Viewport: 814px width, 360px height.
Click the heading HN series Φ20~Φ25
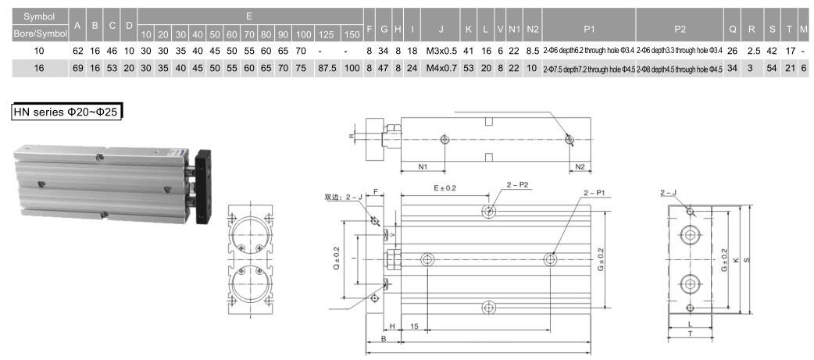click(67, 112)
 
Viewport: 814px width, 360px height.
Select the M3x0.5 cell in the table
click(441, 51)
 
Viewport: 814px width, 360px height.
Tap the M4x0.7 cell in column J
click(441, 69)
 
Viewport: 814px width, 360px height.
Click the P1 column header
click(589, 29)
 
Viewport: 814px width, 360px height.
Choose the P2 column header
click(680, 29)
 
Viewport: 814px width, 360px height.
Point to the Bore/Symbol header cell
click(35, 34)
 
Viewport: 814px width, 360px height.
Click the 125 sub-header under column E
click(327, 34)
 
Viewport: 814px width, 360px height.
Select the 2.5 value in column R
click(753, 51)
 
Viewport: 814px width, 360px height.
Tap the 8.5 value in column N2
click(533, 51)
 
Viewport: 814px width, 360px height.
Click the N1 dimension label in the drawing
click(423, 166)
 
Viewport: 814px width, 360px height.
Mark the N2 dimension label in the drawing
click(580, 166)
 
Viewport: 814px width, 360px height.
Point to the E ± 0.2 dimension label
click(444, 188)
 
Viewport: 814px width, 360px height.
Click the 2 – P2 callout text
click(518, 185)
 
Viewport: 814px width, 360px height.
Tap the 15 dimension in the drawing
click(414, 325)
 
